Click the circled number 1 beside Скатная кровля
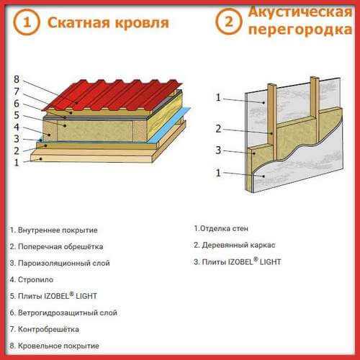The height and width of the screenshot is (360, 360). tap(27, 22)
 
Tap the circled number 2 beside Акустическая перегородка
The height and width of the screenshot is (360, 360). tap(228, 22)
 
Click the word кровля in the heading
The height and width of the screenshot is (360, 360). tap(142, 23)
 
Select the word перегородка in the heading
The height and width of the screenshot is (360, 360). tap(300, 30)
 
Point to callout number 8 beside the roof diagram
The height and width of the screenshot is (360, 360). tap(17, 79)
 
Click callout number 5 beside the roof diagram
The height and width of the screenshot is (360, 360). tap(17, 115)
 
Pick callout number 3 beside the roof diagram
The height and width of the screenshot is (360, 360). tap(17, 139)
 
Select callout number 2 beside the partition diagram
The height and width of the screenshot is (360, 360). tap(218, 129)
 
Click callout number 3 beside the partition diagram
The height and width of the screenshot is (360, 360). tap(218, 150)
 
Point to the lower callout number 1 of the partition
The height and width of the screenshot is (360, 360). tap(218, 173)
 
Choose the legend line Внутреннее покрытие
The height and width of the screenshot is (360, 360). tap(54, 230)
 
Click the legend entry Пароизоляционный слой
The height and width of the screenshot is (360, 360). tap(60, 263)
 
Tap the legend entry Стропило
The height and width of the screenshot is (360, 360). tap(32, 279)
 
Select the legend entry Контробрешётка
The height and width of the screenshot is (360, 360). tap(45, 329)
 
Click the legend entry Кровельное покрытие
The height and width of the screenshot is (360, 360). tap(55, 346)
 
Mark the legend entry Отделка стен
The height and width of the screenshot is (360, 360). tap(221, 228)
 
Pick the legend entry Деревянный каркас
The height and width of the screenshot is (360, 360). tap(235, 245)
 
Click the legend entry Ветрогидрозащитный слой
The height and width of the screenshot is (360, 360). tap(63, 312)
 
